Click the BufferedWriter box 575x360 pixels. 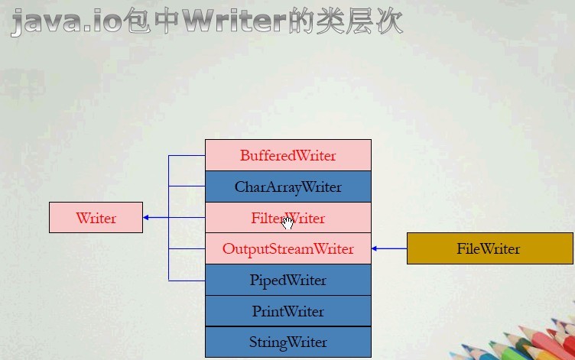click(287, 155)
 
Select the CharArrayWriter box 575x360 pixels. click(287, 186)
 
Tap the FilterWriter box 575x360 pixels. click(287, 218)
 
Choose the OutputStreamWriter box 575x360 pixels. click(287, 249)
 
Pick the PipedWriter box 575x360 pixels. click(287, 281)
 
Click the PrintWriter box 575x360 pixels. click(287, 311)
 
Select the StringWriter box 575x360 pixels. click(287, 342)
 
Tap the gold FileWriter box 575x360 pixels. click(489, 248)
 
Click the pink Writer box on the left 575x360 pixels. click(96, 218)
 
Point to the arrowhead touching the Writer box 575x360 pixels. click(147, 218)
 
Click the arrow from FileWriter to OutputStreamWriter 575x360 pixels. click(390, 248)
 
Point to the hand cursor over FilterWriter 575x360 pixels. click(288, 222)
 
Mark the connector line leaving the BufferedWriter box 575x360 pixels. click(187, 155)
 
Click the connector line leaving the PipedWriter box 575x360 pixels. click(187, 281)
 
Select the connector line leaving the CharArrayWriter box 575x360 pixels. click(187, 186)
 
